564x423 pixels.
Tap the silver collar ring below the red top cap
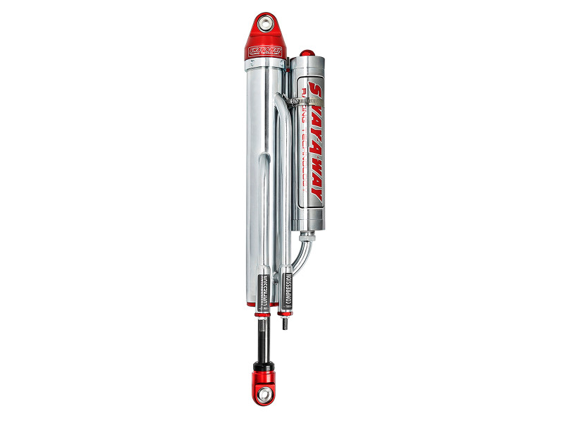[265, 65]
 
